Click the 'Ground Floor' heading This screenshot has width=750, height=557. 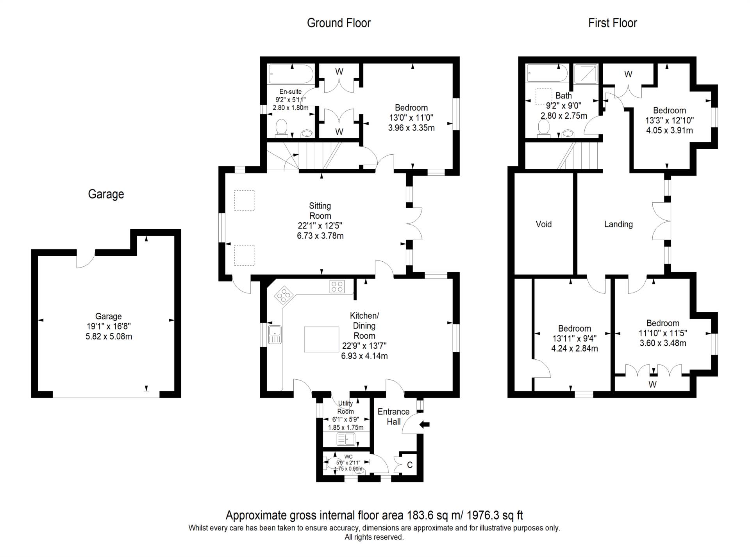tap(338, 23)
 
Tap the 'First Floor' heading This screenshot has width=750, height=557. tap(612, 23)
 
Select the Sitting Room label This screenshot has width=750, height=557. tap(320, 211)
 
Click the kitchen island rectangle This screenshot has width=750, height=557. tap(321, 339)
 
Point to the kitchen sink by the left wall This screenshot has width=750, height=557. tap(275, 334)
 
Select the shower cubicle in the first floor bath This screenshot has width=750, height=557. tap(586, 73)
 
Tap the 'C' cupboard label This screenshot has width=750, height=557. tap(410, 465)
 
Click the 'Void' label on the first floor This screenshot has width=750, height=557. tap(543, 224)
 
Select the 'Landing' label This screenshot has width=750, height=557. tap(618, 224)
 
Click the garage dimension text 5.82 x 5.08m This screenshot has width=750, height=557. tap(109, 336)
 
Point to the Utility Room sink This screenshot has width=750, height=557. tap(346, 439)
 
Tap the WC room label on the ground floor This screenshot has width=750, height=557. tap(348, 456)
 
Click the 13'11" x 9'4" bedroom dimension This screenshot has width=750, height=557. tap(574, 339)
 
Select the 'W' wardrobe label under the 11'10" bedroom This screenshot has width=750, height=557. tap(652, 384)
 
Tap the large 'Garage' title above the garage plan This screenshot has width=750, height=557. tap(106, 194)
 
